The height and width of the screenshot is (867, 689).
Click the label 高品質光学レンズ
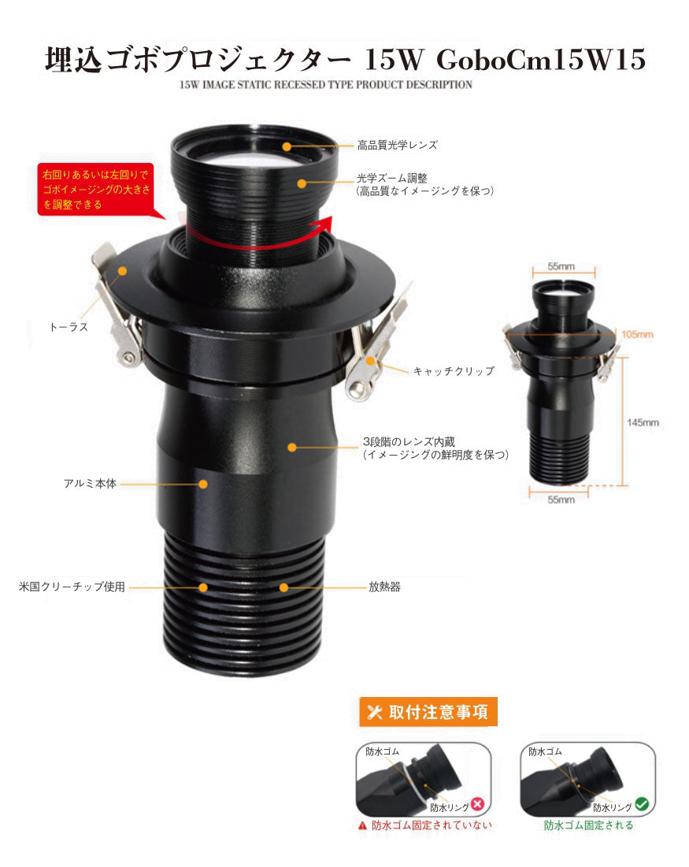(x=398, y=146)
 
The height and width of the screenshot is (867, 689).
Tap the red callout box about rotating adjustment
(x=95, y=190)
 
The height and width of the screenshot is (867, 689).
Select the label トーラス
(x=69, y=327)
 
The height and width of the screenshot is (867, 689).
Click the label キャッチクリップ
(x=454, y=371)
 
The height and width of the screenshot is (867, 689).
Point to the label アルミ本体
(x=91, y=484)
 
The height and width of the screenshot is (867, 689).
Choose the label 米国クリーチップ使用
(x=72, y=587)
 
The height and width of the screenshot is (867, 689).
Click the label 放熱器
(x=384, y=587)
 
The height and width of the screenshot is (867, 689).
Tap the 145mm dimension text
(x=643, y=422)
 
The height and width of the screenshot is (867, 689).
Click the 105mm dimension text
(x=637, y=334)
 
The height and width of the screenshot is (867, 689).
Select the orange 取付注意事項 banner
(x=428, y=712)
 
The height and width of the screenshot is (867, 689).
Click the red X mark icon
(x=478, y=804)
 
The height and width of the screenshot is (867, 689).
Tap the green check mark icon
(x=642, y=803)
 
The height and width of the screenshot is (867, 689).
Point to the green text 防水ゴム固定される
(x=588, y=825)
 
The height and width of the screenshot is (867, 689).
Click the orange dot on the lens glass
(x=287, y=146)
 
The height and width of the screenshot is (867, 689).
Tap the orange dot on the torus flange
(x=122, y=271)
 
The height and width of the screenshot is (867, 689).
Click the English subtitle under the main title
(x=326, y=85)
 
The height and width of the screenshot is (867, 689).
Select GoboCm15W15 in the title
(x=541, y=59)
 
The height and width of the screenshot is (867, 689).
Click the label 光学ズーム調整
(x=392, y=178)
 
